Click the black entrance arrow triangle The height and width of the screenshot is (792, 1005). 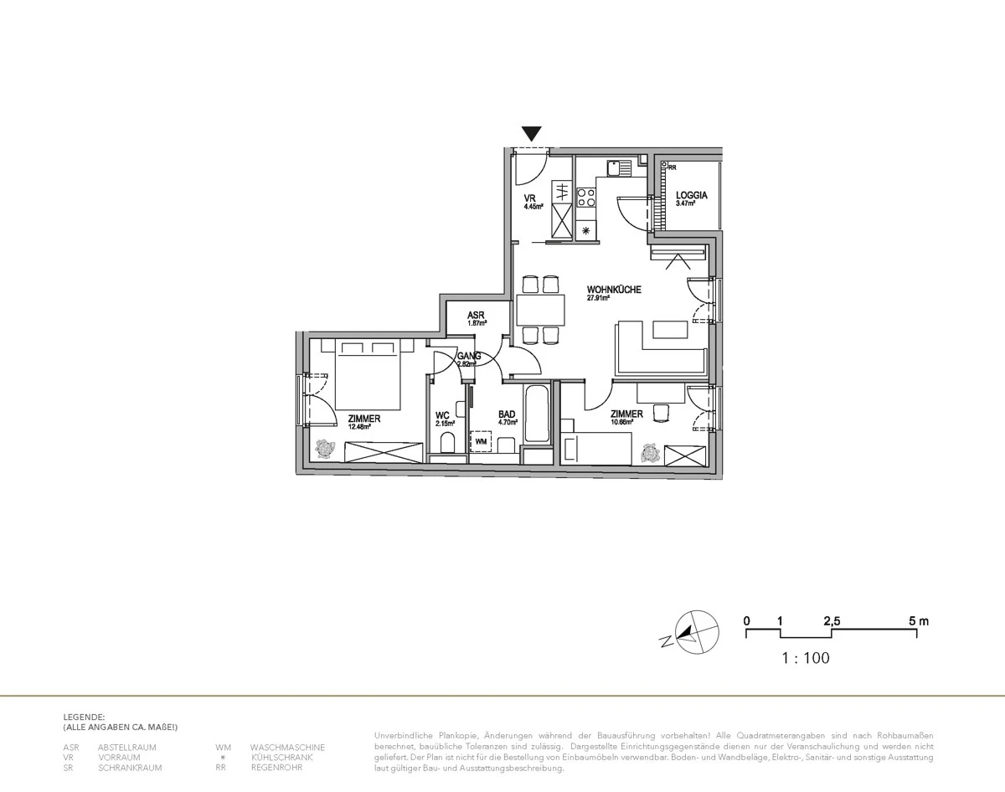coord(531,133)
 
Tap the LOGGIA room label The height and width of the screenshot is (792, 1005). coord(692,196)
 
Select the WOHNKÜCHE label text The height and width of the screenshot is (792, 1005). coord(614,290)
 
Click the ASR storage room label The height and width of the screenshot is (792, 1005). coord(477,316)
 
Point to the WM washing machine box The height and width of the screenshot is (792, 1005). coord(481,440)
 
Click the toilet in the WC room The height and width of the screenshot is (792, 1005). coord(446,445)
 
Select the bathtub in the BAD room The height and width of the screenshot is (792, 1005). coord(536,414)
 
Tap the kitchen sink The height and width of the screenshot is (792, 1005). coord(619,167)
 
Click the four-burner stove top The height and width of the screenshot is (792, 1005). coord(587,198)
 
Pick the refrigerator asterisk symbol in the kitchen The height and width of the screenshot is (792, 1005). coord(586,230)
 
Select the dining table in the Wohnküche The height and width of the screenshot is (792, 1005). coord(540,310)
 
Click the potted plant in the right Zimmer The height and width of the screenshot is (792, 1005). coord(649,453)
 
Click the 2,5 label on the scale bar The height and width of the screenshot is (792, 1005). coord(831,621)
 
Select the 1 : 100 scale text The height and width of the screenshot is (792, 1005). coord(805,658)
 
